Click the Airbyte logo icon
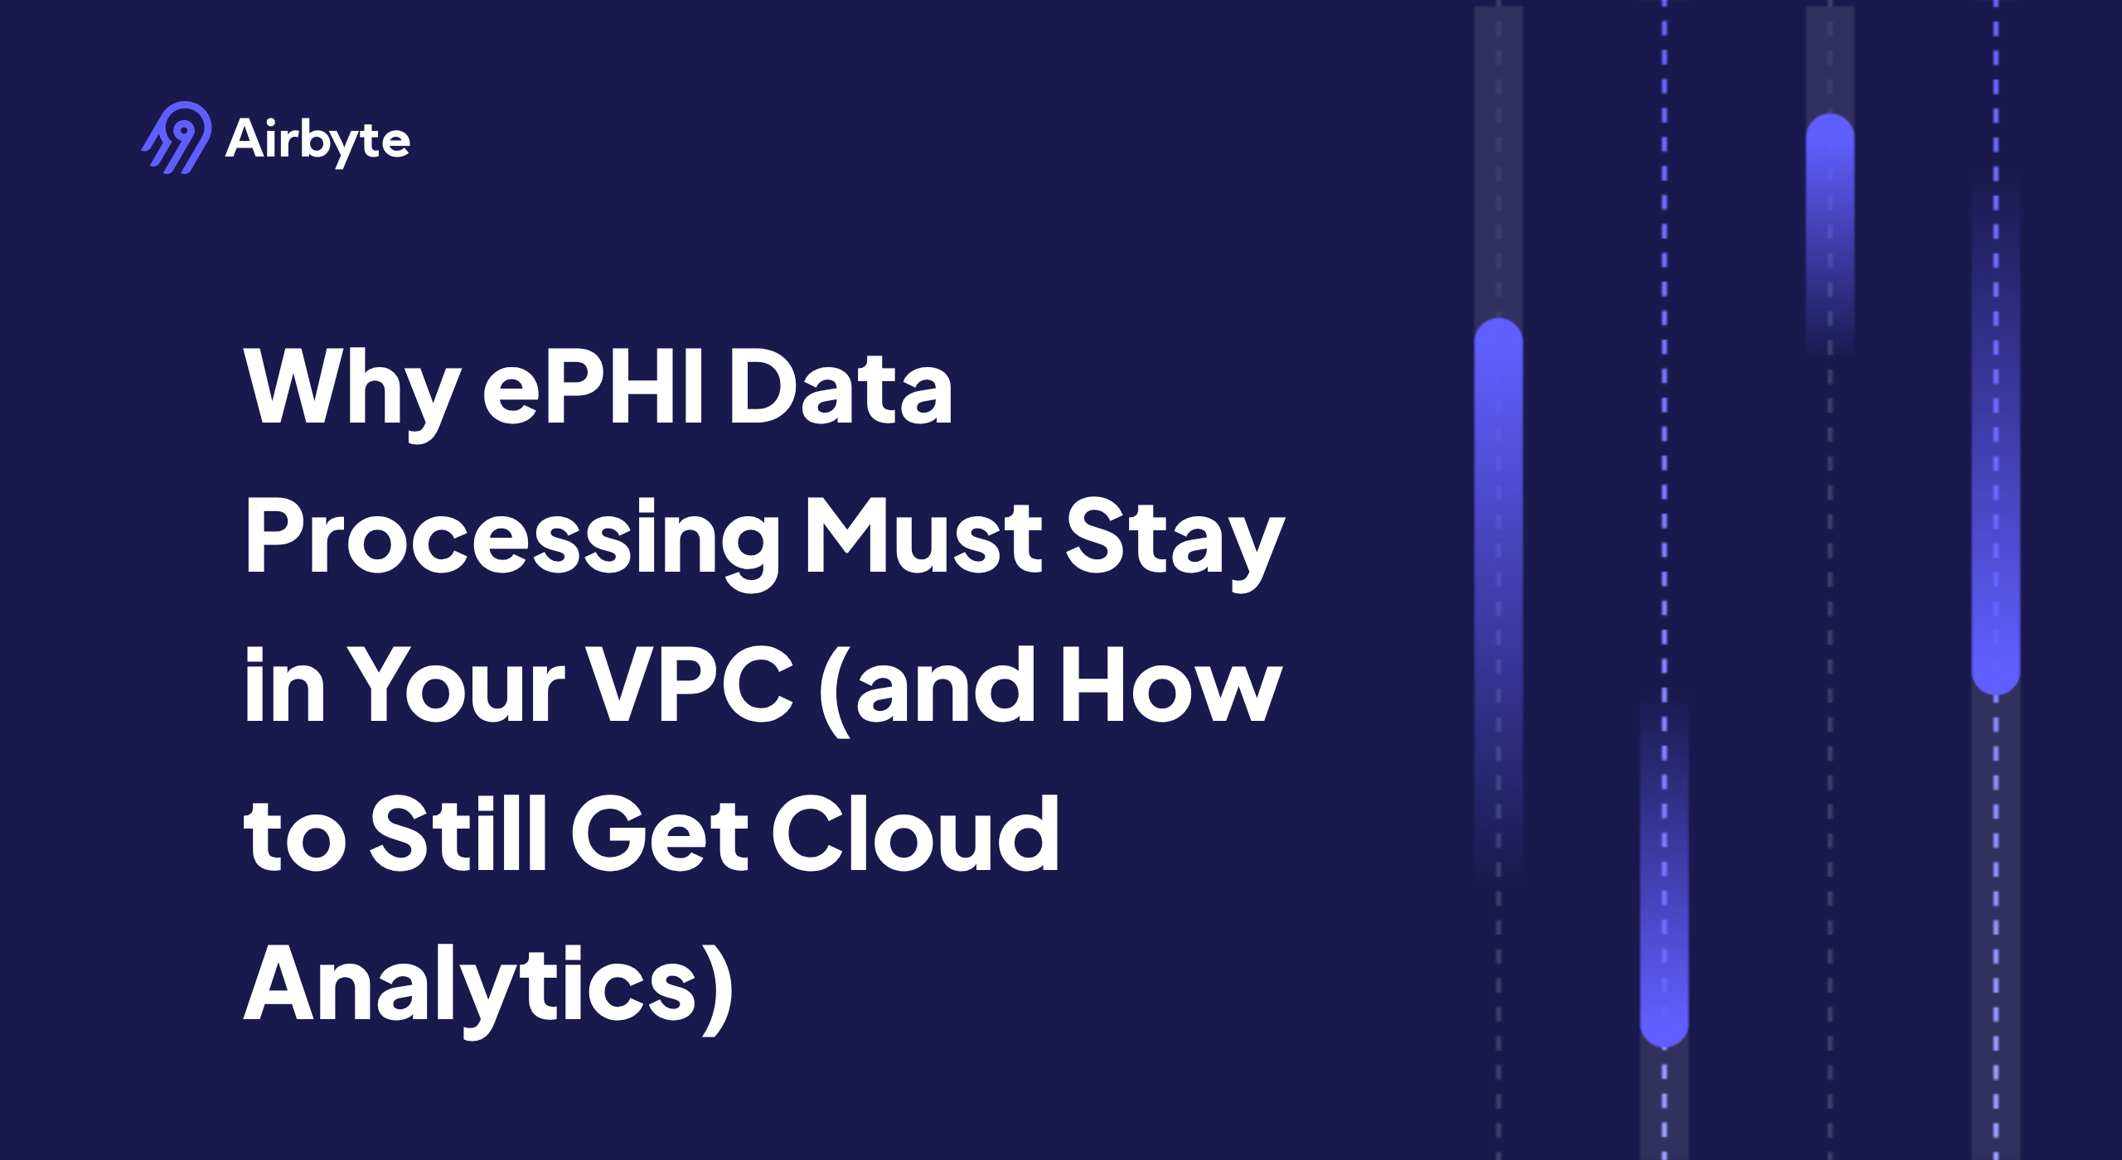pyautogui.click(x=177, y=138)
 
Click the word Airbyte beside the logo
pyautogui.click(x=317, y=139)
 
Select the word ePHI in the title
pyautogui.click(x=593, y=386)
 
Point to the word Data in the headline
pyautogui.click(x=840, y=388)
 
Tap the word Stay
pyautogui.click(x=1174, y=539)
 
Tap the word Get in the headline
pyautogui.click(x=660, y=834)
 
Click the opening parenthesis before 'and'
pyautogui.click(x=834, y=689)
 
